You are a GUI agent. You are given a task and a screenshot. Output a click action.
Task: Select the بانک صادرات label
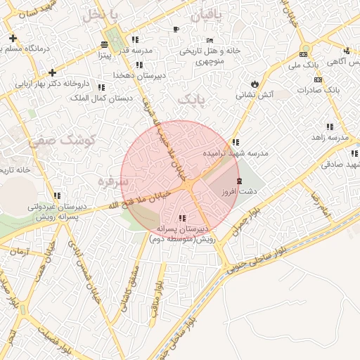318,90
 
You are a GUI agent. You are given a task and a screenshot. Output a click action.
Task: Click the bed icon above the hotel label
210,40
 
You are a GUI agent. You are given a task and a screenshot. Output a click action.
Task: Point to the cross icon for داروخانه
52,72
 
